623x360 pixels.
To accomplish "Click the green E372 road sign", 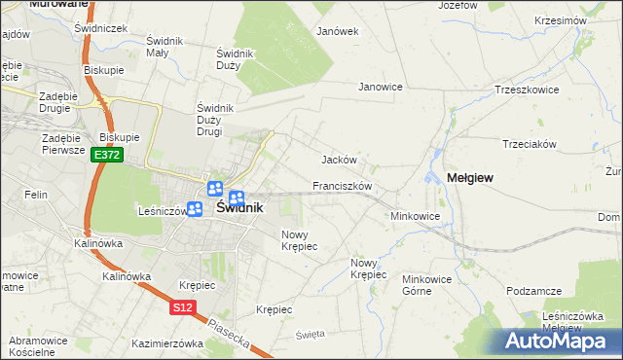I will (x=106, y=155).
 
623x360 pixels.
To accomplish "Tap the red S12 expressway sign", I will (x=182, y=307).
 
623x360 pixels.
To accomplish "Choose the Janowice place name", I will (x=381, y=87).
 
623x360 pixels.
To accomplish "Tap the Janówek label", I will (x=338, y=30).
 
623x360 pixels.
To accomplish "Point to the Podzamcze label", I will (x=534, y=291).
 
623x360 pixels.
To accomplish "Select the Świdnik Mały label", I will (x=159, y=47).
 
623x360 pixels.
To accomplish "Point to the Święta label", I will (x=310, y=334).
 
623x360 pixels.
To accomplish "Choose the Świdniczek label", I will (x=101, y=28).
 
